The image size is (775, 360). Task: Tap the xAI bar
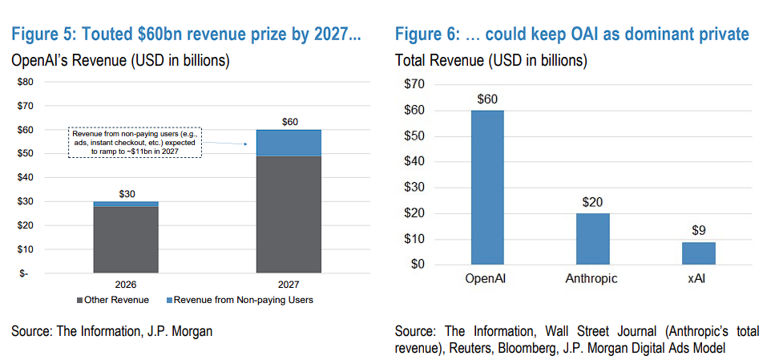click(x=699, y=253)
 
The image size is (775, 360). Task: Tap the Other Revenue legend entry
click(x=117, y=300)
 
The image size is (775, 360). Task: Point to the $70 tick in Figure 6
click(x=416, y=84)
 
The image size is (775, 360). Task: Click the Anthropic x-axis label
click(x=592, y=278)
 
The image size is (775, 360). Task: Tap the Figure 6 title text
click(x=571, y=34)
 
